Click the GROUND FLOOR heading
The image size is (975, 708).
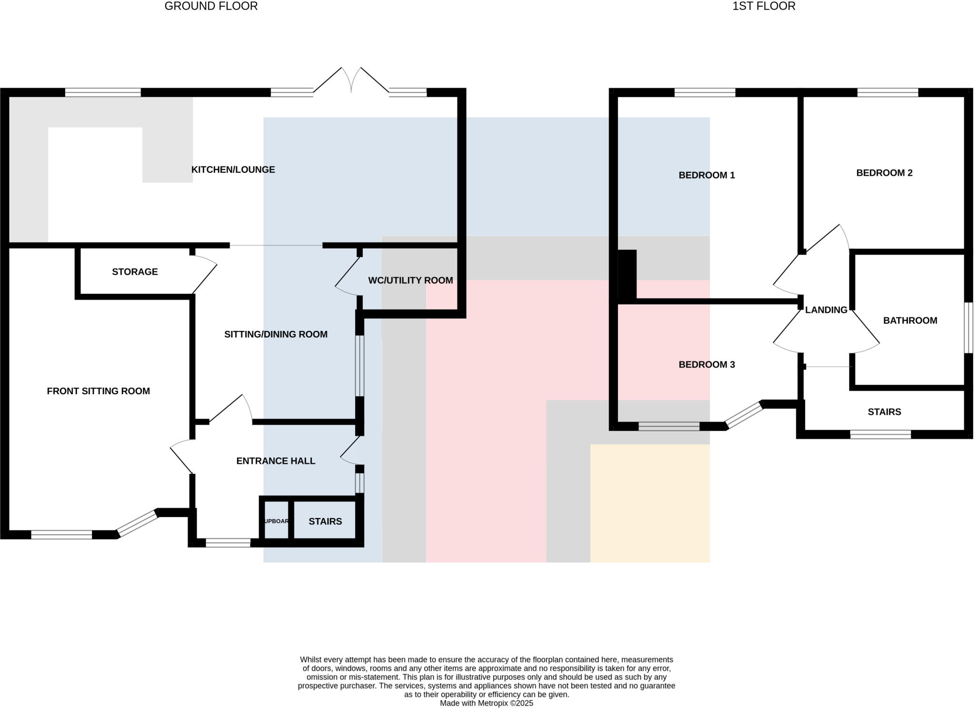211,6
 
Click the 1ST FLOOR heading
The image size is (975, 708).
764,6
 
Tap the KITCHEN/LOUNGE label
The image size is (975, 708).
233,170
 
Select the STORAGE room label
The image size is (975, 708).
135,272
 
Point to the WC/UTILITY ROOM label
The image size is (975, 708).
410,280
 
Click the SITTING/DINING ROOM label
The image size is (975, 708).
276,334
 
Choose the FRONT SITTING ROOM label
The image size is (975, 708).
98,391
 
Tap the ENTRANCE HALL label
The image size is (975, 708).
276,461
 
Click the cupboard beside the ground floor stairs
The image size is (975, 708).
276,521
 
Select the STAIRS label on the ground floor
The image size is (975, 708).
325,521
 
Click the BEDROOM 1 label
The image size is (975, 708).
706,175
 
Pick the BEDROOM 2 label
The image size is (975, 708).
884,173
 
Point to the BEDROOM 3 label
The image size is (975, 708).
706,365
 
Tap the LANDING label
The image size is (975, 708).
826,310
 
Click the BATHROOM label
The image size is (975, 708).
910,320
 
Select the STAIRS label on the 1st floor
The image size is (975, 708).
884,412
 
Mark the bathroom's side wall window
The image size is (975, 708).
968,328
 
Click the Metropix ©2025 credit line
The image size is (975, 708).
486,703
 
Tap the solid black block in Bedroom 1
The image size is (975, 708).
627,275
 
